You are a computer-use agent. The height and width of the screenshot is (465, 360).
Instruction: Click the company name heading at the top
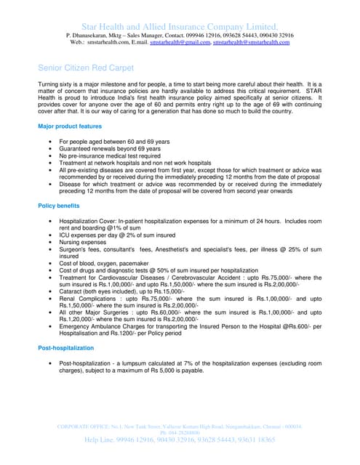pos(180,25)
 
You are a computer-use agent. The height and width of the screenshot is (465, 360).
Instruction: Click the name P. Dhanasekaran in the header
pos(92,35)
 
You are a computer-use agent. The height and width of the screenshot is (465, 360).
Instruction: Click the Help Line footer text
pos(180,440)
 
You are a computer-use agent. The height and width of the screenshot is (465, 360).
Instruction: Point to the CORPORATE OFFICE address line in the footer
pos(180,426)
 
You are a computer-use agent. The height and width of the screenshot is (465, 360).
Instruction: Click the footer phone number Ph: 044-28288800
pos(180,432)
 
